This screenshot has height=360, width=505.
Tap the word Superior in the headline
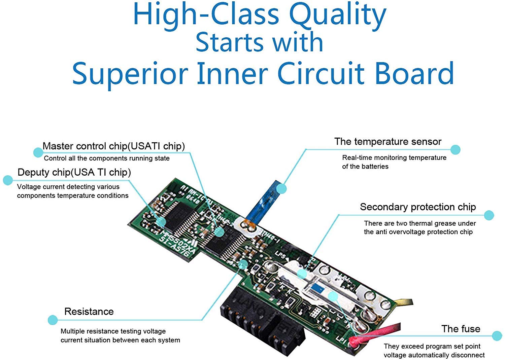point(130,73)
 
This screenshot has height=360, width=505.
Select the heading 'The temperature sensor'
point(388,142)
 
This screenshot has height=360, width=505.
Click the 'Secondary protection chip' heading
point(418,207)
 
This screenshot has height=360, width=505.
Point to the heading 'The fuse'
point(461,329)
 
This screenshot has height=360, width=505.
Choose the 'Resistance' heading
point(89,312)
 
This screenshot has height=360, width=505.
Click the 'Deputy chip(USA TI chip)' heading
point(74,172)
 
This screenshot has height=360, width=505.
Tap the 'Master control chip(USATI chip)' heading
point(114,146)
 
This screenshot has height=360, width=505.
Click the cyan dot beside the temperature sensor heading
point(455,150)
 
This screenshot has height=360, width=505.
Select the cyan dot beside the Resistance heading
point(53,320)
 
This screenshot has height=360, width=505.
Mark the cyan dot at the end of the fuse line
point(497,335)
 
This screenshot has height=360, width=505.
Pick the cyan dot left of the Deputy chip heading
point(8,180)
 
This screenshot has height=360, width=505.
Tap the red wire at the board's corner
point(377,333)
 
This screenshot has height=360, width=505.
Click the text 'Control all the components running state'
point(107,158)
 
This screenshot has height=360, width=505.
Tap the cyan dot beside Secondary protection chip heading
point(489,215)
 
